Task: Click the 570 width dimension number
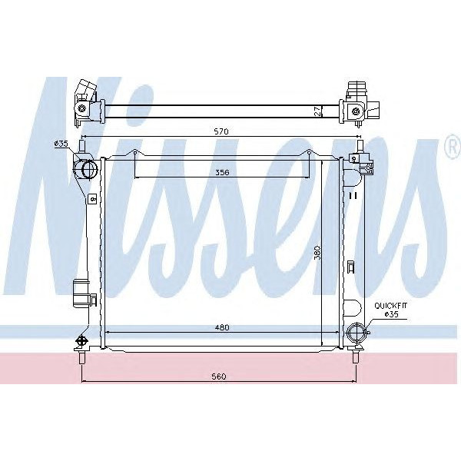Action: coord(222,131)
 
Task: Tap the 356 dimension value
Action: coord(223,172)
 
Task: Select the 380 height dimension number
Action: coord(316,254)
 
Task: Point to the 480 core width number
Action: coord(222,328)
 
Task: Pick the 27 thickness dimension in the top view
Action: coord(317,111)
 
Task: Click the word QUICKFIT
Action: coord(390,306)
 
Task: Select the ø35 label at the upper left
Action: coord(61,144)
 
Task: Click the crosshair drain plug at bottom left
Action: coord(81,340)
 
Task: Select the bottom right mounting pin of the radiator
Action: coord(356,357)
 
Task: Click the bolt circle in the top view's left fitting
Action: coord(80,109)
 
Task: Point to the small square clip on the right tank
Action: coord(350,267)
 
